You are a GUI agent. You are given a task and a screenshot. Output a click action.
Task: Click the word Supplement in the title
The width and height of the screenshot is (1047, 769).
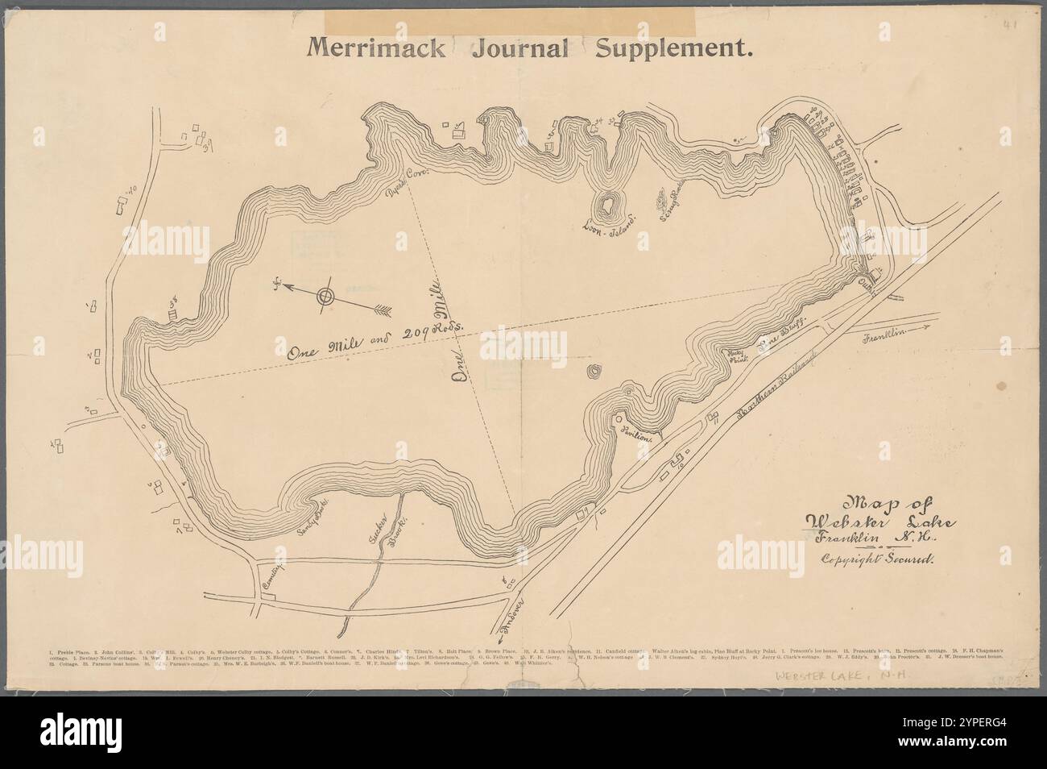pyautogui.click(x=674, y=49)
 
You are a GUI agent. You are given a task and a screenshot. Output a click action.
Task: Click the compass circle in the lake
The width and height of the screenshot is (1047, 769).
pyautogui.click(x=325, y=296)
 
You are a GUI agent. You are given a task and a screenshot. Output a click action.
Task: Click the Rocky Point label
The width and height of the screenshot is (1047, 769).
pyautogui.click(x=738, y=358)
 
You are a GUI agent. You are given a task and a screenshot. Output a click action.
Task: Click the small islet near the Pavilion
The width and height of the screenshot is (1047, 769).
pyautogui.click(x=594, y=372)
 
